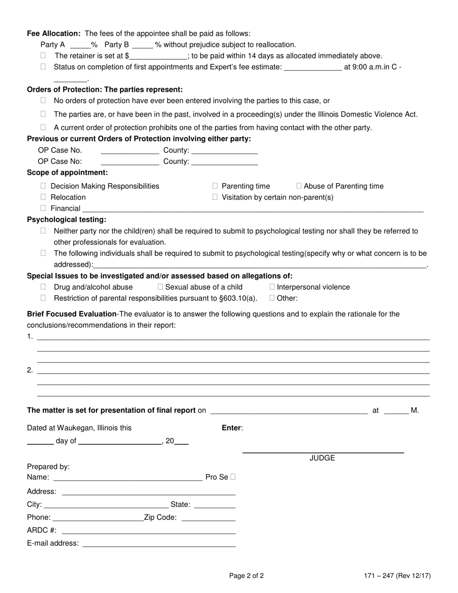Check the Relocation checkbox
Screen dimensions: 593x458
(x=43, y=197)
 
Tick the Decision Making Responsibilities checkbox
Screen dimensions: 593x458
(x=43, y=186)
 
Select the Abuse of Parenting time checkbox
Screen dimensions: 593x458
(x=299, y=186)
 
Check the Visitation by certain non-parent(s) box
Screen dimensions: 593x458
(x=215, y=197)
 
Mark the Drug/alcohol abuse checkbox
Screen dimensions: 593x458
(x=43, y=287)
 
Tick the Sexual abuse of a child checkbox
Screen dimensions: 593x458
(x=161, y=287)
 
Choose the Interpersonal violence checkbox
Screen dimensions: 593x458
(x=272, y=287)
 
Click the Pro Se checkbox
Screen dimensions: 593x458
(x=233, y=477)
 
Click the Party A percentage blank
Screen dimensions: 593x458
(x=80, y=45)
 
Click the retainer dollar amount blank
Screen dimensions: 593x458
(x=158, y=56)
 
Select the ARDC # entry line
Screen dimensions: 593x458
(x=148, y=530)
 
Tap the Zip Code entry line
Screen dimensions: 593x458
(x=208, y=517)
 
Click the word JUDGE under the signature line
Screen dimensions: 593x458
(x=322, y=458)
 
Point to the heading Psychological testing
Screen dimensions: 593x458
(x=67, y=220)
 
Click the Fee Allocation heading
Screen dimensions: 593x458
(x=54, y=34)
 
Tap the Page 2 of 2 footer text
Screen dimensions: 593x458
(x=246, y=576)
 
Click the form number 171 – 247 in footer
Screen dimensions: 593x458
(x=379, y=576)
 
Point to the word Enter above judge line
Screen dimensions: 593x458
(x=232, y=428)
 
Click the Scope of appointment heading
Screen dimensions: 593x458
(x=67, y=173)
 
